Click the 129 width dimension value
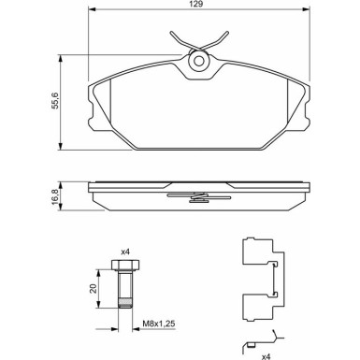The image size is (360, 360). pos(197,4)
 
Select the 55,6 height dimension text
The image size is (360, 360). pos(55,101)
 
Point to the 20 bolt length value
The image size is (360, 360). pos(93,288)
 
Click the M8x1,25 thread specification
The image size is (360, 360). pos(159,324)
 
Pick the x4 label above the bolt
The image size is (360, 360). pos(125,252)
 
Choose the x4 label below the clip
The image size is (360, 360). pos(266,356)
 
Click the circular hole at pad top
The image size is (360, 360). pos(199,61)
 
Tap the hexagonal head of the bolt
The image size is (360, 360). pos(125,265)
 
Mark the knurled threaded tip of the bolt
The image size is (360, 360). pos(125,303)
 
